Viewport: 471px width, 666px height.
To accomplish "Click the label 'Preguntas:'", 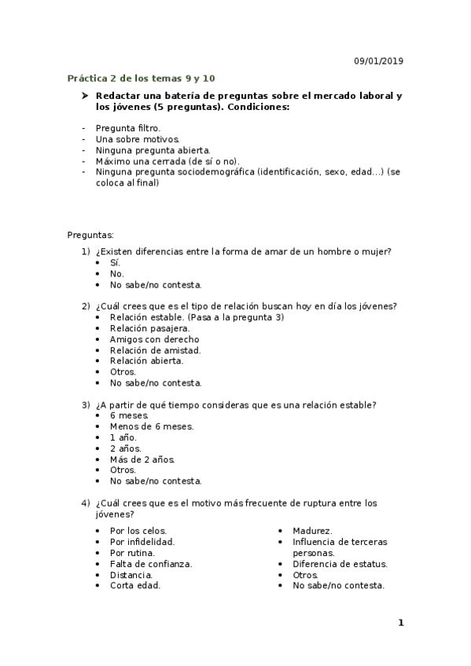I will pyautogui.click(x=90, y=235).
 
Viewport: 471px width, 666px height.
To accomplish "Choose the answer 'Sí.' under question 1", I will pyautogui.click(x=116, y=262).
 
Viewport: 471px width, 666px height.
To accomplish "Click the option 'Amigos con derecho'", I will pyautogui.click(x=154, y=338).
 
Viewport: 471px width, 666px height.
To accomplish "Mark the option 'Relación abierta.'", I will pyautogui.click(x=146, y=360).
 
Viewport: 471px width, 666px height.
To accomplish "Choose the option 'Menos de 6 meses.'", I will pyautogui.click(x=151, y=426).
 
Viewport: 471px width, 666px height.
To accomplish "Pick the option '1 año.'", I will pyautogui.click(x=123, y=437).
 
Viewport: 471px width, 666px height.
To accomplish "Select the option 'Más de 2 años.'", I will pyautogui.click(x=142, y=459).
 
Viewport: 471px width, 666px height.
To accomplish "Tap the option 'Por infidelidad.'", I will pyautogui.click(x=142, y=541).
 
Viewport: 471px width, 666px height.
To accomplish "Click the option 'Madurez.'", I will pyautogui.click(x=312, y=530).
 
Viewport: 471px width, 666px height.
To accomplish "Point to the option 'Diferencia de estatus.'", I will pyautogui.click(x=340, y=563).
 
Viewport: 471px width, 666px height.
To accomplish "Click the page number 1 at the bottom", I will pyautogui.click(x=400, y=623).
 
